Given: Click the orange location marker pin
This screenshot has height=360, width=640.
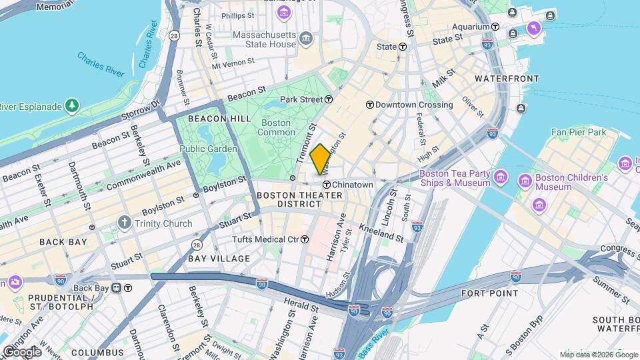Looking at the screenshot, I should (x=320, y=159).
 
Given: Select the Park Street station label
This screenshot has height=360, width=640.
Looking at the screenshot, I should (x=301, y=99).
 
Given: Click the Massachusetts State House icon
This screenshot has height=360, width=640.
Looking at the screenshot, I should (x=306, y=37).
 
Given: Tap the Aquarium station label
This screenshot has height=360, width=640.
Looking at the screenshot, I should (x=471, y=27).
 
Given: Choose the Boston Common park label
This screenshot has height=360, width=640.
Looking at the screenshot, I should (x=275, y=127).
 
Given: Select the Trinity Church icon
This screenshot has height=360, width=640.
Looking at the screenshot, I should (x=124, y=222).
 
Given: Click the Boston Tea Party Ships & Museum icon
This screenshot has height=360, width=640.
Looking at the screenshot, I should (x=501, y=179).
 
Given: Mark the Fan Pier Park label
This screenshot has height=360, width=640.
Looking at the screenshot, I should (x=579, y=132).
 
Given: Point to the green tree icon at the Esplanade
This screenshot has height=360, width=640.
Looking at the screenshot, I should (x=71, y=105).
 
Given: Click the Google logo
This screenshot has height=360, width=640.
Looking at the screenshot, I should (x=21, y=351).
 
